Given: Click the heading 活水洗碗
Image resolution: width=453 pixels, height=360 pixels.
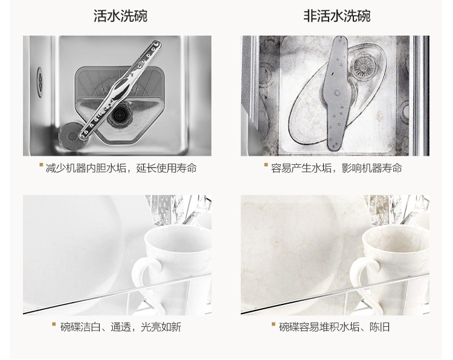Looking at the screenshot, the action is (x=120, y=16).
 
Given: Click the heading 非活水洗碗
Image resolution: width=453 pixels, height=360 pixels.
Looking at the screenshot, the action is (x=337, y=16).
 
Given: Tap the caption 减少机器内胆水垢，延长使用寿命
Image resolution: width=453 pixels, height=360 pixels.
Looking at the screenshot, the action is (x=121, y=168).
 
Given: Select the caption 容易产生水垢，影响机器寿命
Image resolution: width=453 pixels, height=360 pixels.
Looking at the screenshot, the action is (x=336, y=168).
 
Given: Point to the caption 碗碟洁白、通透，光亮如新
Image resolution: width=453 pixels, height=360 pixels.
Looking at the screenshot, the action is (x=121, y=327).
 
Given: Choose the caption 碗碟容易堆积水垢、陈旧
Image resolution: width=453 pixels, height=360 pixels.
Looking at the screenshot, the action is (x=335, y=327).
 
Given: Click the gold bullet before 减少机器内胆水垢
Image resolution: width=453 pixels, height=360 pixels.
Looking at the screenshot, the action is (x=41, y=165).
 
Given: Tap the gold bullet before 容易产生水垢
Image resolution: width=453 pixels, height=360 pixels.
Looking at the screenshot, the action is (x=266, y=165).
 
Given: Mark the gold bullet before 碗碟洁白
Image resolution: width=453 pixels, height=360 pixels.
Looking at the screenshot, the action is (x=54, y=324).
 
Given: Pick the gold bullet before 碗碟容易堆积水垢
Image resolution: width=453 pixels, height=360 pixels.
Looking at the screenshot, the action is (x=273, y=324).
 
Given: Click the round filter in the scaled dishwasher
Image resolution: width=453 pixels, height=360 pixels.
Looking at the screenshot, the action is (x=364, y=66).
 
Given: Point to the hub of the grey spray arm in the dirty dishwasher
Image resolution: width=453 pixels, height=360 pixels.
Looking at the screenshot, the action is (x=337, y=93).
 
